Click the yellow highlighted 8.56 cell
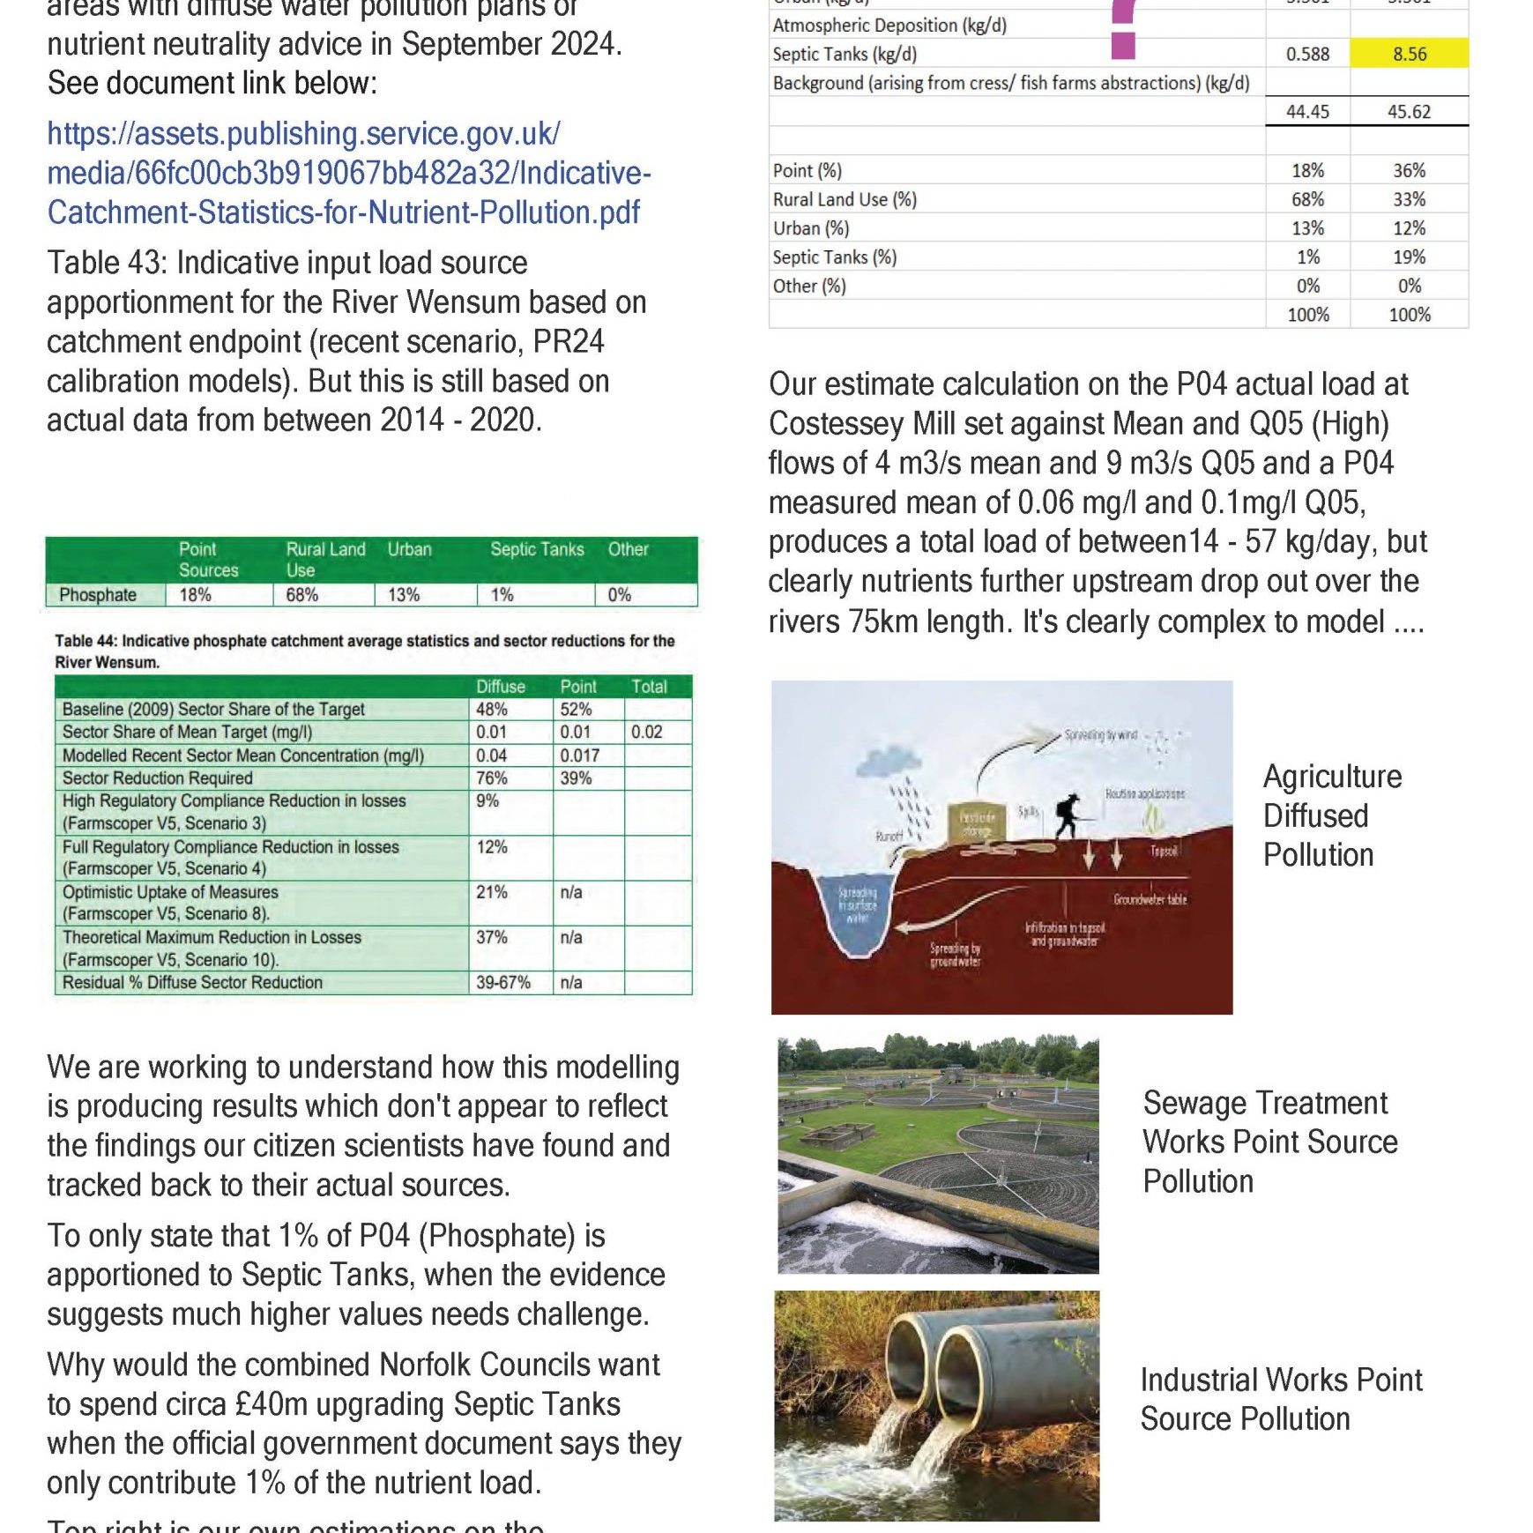pyautogui.click(x=1409, y=54)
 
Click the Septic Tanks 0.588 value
pyautogui.click(x=1307, y=54)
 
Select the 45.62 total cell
pyautogui.click(x=1409, y=112)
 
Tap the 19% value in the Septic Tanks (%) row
pyautogui.click(x=1409, y=257)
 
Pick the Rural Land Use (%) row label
pyautogui.click(x=844, y=200)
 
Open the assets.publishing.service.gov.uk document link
pyautogui.click(x=348, y=173)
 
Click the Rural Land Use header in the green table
pyautogui.click(x=324, y=560)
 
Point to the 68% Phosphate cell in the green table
pyautogui.click(x=301, y=595)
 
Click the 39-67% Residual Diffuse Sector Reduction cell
pyautogui.click(x=503, y=983)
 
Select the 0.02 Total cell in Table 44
pyautogui.click(x=646, y=733)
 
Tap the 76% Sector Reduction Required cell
pyautogui.click(x=491, y=778)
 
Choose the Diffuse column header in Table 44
pyautogui.click(x=500, y=687)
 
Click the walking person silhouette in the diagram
pyautogui.click(x=1068, y=816)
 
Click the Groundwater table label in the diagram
pyautogui.click(x=1150, y=900)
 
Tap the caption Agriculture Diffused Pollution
pyautogui.click(x=1331, y=815)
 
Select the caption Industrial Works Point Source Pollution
pyautogui.click(x=1280, y=1399)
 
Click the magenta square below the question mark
pyautogui.click(x=1122, y=45)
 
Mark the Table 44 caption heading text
pyautogui.click(x=364, y=651)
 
